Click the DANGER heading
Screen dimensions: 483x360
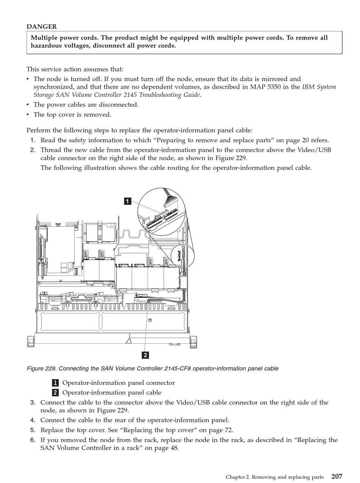click(42, 27)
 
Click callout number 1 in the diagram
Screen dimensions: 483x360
click(128, 201)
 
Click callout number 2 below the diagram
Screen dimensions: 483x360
click(145, 355)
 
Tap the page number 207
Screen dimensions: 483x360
click(337, 477)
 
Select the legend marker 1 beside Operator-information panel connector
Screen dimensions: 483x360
click(55, 383)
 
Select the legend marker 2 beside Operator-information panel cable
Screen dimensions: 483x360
click(55, 393)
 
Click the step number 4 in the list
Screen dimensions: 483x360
click(33, 420)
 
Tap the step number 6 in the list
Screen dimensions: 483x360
click(33, 440)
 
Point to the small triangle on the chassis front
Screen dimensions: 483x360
click(128, 341)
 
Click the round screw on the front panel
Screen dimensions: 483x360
click(150, 320)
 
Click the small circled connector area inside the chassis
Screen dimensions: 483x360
click(183, 256)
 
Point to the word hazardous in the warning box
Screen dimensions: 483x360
click(47, 46)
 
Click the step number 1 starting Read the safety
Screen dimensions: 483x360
click(33, 140)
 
